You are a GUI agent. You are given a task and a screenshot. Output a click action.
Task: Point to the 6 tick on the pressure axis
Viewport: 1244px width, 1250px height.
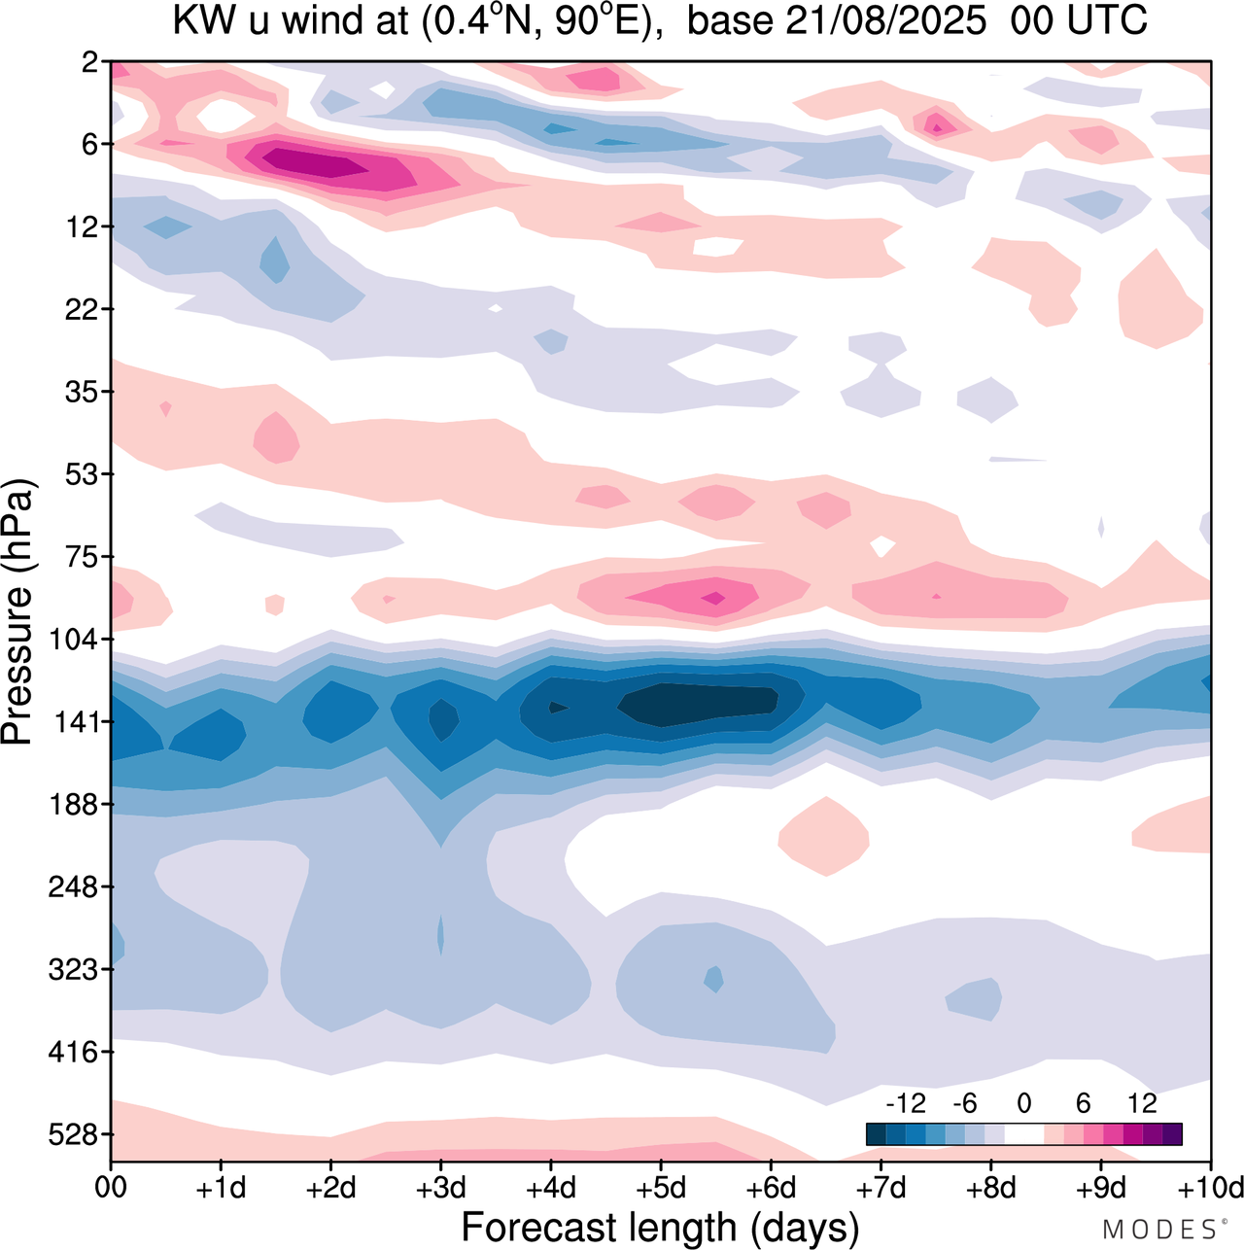[x=92, y=145]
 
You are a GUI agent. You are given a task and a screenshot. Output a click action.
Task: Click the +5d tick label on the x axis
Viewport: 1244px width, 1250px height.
[x=660, y=1188]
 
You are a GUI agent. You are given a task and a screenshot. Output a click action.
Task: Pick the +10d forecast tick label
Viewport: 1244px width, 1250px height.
[x=1210, y=1188]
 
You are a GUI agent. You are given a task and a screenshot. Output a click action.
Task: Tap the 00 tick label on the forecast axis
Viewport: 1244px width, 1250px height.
[x=111, y=1188]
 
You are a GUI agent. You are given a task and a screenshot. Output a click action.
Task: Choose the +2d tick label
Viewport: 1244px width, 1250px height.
[x=330, y=1188]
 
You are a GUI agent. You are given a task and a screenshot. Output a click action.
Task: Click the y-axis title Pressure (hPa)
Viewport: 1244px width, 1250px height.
[x=17, y=612]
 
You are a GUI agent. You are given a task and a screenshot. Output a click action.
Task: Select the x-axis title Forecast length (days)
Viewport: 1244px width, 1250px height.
[x=660, y=1227]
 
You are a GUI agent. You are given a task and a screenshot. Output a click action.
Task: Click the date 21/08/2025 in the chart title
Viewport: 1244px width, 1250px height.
[x=885, y=19]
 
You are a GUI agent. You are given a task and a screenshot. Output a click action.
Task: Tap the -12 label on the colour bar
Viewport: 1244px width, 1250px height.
[x=906, y=1103]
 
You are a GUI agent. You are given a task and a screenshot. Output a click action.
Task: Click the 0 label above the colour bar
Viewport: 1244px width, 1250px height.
[x=1023, y=1103]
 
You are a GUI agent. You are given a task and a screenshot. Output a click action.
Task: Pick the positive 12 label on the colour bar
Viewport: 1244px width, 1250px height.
[x=1142, y=1103]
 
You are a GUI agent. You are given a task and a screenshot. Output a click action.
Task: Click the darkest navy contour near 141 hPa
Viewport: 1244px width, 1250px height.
[x=695, y=703]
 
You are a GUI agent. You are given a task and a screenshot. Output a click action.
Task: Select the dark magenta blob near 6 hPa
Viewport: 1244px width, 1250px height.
[x=316, y=162]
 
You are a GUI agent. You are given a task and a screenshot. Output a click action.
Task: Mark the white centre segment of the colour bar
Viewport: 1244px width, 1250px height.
[x=1023, y=1134]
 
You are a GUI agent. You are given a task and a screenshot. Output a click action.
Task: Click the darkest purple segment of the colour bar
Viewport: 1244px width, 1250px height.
[x=1172, y=1134]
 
